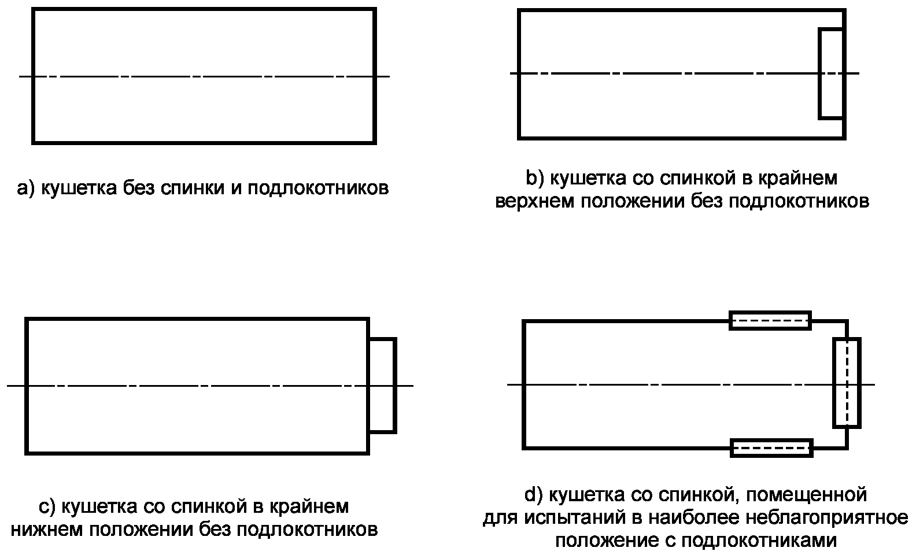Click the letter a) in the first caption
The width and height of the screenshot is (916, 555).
(27, 189)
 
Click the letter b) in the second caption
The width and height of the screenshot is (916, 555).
(535, 178)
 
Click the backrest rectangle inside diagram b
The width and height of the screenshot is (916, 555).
(832, 73)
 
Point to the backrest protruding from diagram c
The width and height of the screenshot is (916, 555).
(382, 385)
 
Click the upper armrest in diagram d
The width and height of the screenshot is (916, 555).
(770, 320)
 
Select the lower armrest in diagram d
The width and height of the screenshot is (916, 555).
(771, 448)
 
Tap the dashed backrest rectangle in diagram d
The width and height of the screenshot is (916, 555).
(847, 383)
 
